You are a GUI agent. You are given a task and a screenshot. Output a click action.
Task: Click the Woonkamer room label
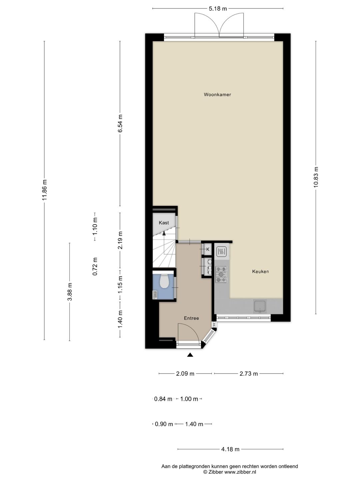coord(217,95)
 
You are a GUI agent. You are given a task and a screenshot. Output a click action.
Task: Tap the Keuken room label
coord(260,272)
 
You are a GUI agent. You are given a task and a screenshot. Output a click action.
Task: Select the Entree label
coord(191,318)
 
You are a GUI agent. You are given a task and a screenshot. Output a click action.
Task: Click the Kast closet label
coord(164,223)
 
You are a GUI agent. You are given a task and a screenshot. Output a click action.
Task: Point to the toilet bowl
coord(164,281)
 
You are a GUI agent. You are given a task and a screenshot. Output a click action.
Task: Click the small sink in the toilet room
coord(155,294)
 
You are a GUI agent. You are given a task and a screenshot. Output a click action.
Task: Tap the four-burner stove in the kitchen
coord(221,274)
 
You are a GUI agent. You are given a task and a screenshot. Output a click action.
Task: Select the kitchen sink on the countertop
coord(260,306)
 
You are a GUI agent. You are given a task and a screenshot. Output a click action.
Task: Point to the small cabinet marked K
coord(208,249)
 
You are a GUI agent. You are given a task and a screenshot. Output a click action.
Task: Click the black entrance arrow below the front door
coord(190,355)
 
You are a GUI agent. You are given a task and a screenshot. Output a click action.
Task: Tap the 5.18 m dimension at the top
coord(218,9)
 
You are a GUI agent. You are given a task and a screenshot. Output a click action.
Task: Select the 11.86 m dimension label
coord(44,190)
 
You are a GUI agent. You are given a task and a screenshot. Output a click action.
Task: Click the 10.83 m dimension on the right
coord(316,177)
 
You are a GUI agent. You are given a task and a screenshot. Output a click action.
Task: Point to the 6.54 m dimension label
coord(120,124)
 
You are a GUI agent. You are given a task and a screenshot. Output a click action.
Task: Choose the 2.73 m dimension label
coord(249,374)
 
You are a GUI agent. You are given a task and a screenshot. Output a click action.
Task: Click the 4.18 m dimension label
coord(230,449)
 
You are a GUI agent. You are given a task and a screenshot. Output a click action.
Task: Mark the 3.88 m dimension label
coord(70,292)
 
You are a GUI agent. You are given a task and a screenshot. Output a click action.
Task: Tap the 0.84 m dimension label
coord(163,399)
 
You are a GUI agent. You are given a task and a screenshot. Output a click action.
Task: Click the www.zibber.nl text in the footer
coord(240,472)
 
